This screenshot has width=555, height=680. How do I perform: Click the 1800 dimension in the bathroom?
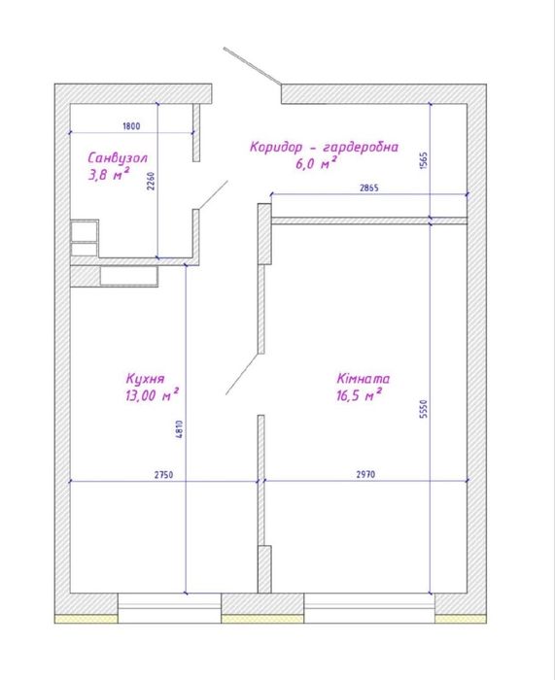point(131,126)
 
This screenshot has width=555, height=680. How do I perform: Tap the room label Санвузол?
point(118,157)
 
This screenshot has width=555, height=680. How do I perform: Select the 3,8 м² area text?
point(109,174)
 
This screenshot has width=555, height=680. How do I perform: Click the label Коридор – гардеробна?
point(324,147)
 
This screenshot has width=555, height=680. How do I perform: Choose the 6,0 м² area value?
point(316,163)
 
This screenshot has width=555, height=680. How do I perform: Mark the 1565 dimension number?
point(424,160)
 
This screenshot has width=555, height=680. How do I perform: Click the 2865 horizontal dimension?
point(368,187)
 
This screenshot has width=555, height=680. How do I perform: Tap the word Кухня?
point(145,379)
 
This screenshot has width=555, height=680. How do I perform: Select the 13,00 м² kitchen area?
point(153,395)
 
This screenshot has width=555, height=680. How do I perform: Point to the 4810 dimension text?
point(180,429)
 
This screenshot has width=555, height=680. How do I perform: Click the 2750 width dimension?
point(163,475)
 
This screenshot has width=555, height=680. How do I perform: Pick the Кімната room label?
point(364,379)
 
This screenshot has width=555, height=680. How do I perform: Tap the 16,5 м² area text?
point(359,395)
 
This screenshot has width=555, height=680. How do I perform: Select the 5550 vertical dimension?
point(424,409)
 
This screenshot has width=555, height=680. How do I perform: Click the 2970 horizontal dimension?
point(365,475)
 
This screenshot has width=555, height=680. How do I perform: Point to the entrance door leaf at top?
point(253,66)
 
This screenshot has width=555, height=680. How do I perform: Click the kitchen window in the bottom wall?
point(170,608)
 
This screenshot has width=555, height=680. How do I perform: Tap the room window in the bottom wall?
point(369,608)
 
